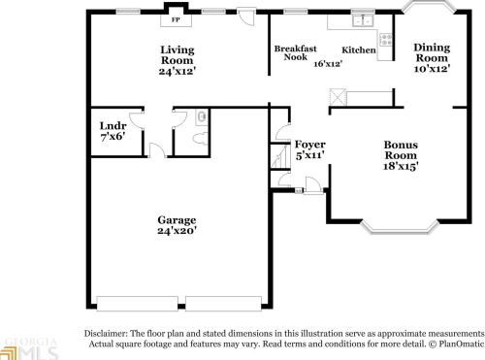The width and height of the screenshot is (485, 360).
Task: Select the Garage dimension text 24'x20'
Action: [177, 232]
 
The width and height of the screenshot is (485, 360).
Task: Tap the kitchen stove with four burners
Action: [385, 41]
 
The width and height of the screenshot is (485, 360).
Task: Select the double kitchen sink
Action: [364, 19]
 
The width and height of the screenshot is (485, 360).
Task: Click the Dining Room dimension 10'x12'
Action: [432, 70]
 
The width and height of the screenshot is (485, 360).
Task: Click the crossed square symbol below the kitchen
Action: [337, 95]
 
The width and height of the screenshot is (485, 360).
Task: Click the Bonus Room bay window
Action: [401, 229]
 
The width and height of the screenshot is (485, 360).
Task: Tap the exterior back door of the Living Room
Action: [247, 16]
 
